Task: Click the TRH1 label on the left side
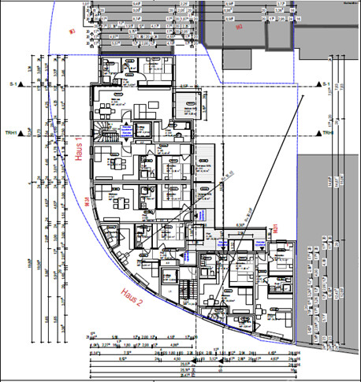[10, 132]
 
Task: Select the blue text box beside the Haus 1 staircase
[125, 131]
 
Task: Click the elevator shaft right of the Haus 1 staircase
[143, 130]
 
